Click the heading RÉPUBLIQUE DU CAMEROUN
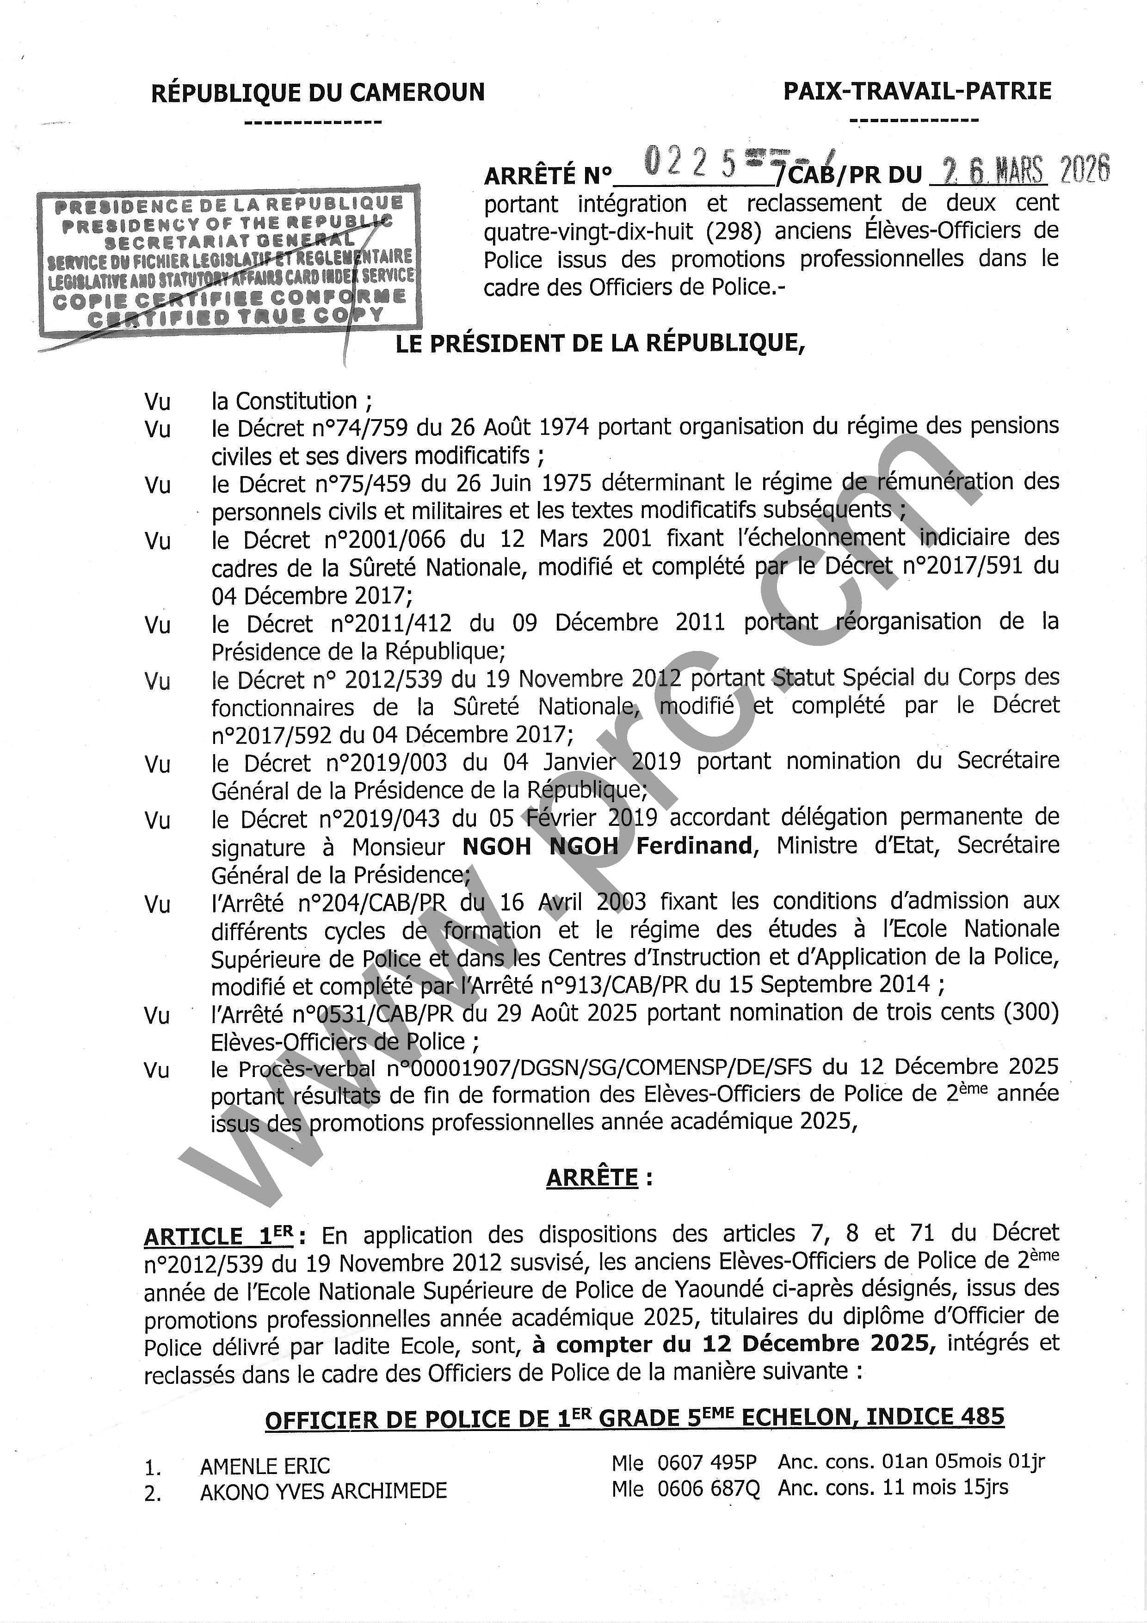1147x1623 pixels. click(318, 93)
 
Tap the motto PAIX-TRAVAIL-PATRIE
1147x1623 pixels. click(917, 91)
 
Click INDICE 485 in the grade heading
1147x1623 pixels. click(934, 1417)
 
